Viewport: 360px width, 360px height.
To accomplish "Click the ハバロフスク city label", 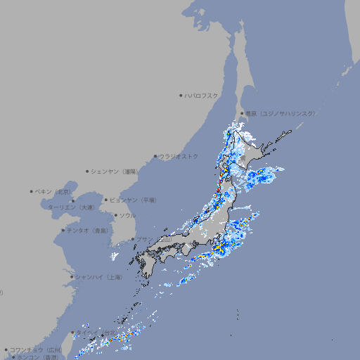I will [x=201, y=96].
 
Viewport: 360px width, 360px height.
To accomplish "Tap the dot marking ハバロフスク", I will [x=181, y=96].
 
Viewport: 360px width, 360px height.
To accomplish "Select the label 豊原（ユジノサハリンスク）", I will [x=280, y=114].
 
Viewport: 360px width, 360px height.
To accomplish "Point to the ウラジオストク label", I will [x=179, y=157].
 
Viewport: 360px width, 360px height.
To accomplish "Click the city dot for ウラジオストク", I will [x=155, y=157].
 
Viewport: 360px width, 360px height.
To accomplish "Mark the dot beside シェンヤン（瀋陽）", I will [x=87, y=172].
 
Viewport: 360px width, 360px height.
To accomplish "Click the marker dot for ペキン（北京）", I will [x=32, y=191].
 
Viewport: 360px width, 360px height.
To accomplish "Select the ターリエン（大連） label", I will [x=70, y=208].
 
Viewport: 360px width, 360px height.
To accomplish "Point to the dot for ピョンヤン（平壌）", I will [x=106, y=200].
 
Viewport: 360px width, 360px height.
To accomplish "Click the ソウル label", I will [x=127, y=216].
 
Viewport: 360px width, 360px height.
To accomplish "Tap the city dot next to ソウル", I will [x=115, y=216].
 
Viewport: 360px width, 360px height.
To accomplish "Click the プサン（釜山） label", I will [x=154, y=240].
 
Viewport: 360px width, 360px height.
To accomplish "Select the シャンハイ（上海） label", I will [x=98, y=278].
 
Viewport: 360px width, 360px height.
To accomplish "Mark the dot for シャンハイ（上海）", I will [x=72, y=278].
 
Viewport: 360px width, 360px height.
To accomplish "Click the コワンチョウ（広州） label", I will [x=36, y=350].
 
